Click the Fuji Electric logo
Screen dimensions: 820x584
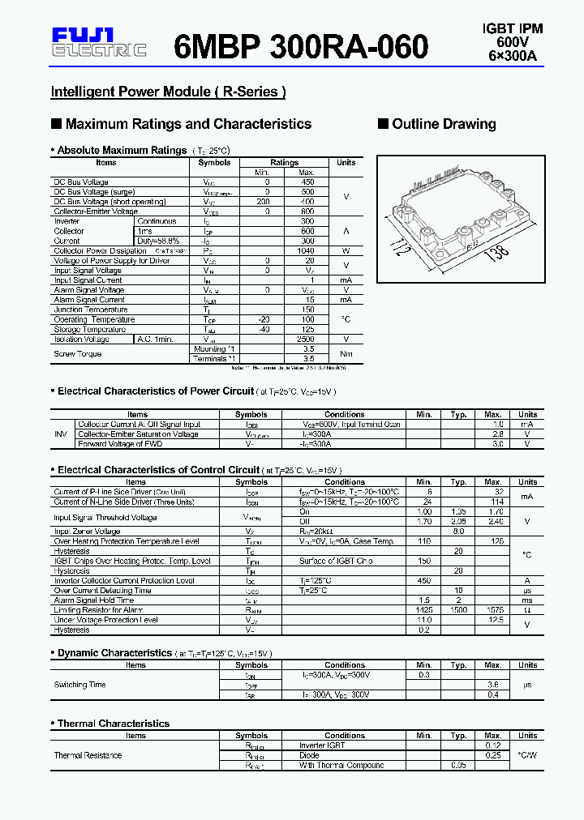[x=98, y=43]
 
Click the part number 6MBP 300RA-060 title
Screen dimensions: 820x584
[x=301, y=47]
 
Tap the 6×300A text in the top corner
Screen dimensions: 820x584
[x=513, y=56]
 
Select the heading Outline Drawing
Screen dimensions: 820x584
[x=444, y=124]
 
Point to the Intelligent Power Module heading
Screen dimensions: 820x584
[x=168, y=92]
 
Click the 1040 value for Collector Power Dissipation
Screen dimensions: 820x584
[x=307, y=251]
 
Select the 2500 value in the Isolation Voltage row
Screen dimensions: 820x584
[x=307, y=340]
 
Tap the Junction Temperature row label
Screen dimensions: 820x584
[x=91, y=310]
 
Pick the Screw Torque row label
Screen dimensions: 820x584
[x=78, y=354]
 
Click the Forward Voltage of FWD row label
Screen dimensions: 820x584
[x=120, y=444]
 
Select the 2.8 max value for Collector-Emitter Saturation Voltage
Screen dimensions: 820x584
[x=498, y=434]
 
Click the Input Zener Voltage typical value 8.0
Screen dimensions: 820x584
[x=458, y=532]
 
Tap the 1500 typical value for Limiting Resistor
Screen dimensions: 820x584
[x=458, y=610]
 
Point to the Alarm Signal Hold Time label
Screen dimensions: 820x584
[x=94, y=600]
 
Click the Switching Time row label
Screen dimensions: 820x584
[x=79, y=685]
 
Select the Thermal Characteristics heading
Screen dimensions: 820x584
[x=114, y=724]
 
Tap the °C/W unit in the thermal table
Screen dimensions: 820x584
[x=527, y=755]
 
